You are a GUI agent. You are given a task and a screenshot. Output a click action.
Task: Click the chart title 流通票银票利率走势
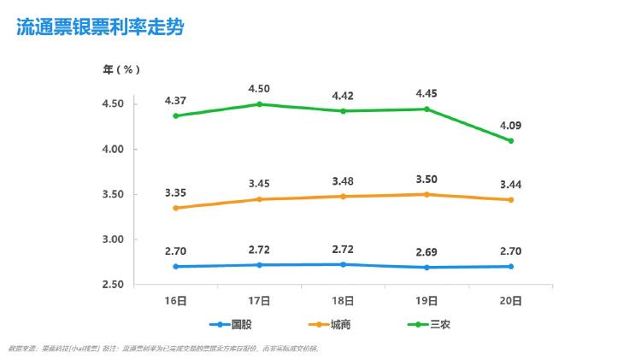100,27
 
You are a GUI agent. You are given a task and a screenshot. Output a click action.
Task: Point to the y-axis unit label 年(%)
122,69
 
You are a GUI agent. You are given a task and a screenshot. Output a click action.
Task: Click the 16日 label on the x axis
175,301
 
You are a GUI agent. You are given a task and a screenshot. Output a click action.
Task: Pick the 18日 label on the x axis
344,301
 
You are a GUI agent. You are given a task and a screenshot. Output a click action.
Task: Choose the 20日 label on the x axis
511,301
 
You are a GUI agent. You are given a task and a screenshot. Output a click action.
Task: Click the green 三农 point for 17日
260,104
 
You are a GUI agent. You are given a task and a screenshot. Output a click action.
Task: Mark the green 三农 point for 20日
511,141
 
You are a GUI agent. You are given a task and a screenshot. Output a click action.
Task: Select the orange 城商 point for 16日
175,208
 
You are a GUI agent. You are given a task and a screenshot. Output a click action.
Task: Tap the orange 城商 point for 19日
427,194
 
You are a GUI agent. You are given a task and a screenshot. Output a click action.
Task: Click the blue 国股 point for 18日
344,264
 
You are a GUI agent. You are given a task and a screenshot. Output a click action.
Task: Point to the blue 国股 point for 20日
511,266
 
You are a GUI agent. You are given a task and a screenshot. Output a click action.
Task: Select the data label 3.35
175,192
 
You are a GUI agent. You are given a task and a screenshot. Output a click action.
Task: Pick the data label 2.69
427,251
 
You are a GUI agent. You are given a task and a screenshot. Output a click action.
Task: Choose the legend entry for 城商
330,325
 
